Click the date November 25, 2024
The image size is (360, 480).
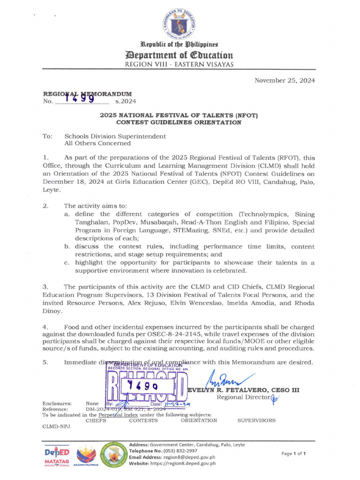pos(285,81)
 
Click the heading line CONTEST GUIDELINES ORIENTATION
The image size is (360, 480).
pos(179,123)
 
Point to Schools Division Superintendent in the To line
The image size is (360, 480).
pos(115,136)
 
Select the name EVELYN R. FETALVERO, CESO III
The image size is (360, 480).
pos(243,390)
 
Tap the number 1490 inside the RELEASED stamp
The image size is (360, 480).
pos(143,386)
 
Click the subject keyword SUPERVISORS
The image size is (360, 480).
pos(256,420)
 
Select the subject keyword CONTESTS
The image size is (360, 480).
pos(143,420)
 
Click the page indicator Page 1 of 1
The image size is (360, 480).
pos(293,453)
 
